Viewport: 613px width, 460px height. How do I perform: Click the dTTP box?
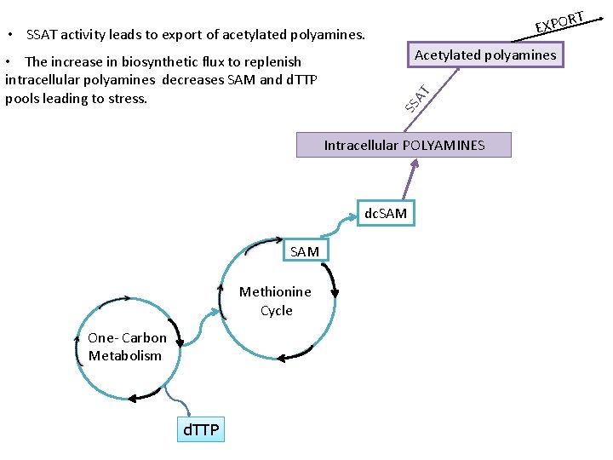(x=202, y=428)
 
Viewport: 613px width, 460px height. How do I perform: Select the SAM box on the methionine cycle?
(x=305, y=251)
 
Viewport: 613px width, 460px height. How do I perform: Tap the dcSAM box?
(x=386, y=213)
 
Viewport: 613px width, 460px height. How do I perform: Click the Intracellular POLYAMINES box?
(x=404, y=145)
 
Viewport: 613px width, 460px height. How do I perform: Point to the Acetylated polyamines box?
(x=484, y=55)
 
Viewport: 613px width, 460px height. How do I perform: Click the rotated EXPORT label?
(x=559, y=22)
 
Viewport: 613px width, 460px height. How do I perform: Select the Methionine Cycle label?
(x=275, y=301)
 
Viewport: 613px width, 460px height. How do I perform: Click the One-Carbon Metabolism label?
(x=127, y=347)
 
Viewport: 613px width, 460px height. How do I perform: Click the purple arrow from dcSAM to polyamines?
(x=411, y=180)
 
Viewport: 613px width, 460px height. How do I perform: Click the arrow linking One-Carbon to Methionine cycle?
(x=203, y=329)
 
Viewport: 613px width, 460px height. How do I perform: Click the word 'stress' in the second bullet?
(x=127, y=98)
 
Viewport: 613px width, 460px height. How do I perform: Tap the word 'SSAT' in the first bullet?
(x=42, y=35)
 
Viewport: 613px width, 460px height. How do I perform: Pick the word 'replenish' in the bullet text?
(x=272, y=61)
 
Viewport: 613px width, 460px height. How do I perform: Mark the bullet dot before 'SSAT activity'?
(x=9, y=36)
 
